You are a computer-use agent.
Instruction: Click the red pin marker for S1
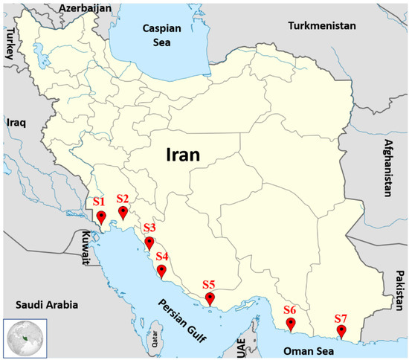click(x=101, y=217)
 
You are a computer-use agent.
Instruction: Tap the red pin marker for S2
click(x=123, y=213)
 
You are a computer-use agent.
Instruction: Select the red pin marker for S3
click(x=149, y=242)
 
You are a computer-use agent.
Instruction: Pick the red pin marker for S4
click(x=161, y=270)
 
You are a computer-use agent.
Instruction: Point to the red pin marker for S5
click(x=210, y=299)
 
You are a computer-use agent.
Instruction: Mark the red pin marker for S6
click(x=292, y=324)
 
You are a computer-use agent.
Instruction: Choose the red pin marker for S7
click(x=341, y=331)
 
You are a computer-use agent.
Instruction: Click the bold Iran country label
click(x=185, y=156)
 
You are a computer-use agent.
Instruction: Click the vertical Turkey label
click(x=9, y=44)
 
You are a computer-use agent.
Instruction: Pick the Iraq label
click(x=16, y=122)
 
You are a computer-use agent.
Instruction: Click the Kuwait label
click(x=86, y=249)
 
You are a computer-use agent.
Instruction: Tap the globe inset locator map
click(x=25, y=338)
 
